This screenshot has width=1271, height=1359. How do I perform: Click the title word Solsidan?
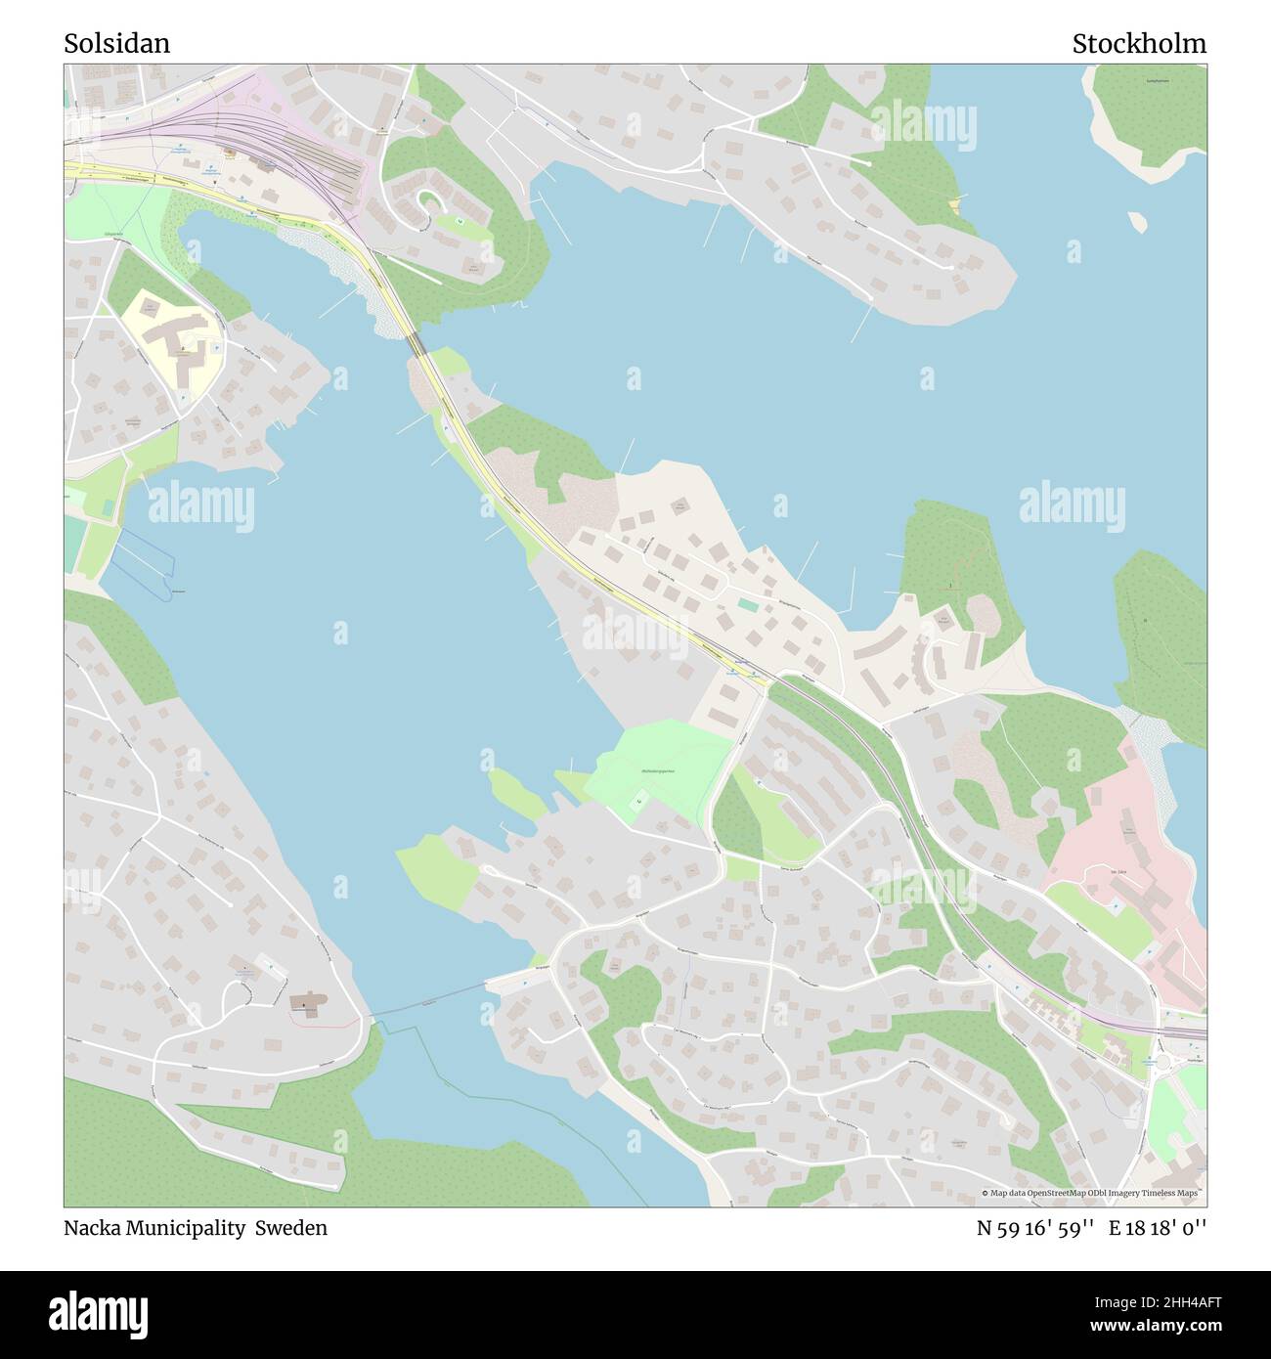pyautogui.click(x=116, y=43)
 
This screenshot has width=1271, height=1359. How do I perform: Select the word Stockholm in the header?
pyautogui.click(x=1138, y=43)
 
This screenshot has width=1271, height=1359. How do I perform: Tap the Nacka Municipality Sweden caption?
pyautogui.click(x=196, y=1228)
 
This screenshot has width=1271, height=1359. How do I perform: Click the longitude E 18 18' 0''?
pyautogui.click(x=1158, y=1228)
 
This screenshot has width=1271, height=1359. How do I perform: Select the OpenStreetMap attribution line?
pyautogui.click(x=1092, y=1193)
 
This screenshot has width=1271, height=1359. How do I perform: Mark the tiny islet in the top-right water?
pyautogui.click(x=1137, y=222)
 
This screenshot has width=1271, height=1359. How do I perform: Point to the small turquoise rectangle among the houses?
pyautogui.click(x=747, y=605)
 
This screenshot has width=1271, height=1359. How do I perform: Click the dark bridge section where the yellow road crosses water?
pyautogui.click(x=416, y=344)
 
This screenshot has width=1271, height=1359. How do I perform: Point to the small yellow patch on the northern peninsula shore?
pyautogui.click(x=954, y=204)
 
